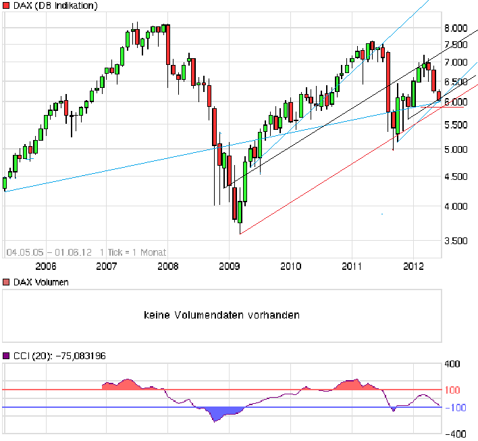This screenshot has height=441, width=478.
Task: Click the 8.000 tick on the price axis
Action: tap(457, 28)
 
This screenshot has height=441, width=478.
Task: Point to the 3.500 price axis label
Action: tap(457, 240)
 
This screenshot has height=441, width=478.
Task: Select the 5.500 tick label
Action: tap(457, 125)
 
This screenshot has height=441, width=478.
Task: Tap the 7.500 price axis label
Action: tap(457, 45)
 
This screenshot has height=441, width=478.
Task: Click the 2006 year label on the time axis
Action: tap(45, 266)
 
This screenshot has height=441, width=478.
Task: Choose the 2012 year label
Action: tap(413, 266)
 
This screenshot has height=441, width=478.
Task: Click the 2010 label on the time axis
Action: tap(290, 266)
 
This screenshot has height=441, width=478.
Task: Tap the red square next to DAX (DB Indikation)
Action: tap(7, 6)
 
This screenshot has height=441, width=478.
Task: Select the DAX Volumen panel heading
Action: tap(41, 282)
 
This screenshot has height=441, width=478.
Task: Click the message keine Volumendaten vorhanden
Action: tap(221, 315)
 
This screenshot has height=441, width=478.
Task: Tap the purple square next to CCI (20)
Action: tap(7, 356)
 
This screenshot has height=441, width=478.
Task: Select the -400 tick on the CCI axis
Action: tap(452, 434)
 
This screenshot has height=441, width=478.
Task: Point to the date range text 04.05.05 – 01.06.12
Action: tap(49, 252)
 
